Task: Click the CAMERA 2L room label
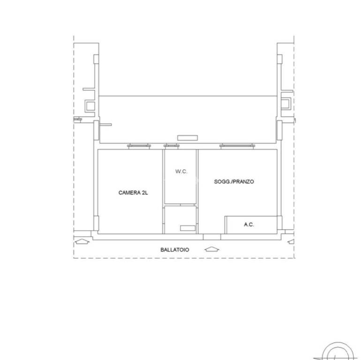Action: (133, 193)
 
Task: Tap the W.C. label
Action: (182, 172)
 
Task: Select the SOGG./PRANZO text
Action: (234, 181)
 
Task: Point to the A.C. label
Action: (249, 225)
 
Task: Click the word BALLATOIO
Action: (175, 250)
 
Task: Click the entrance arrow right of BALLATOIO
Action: (212, 249)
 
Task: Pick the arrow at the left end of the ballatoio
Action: (82, 242)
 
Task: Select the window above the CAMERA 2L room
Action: (139, 146)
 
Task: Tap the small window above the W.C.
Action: (172, 146)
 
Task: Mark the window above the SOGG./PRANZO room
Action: (237, 146)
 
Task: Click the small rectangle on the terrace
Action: (188, 138)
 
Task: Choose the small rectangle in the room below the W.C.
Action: (188, 228)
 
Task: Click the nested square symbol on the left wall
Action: (90, 106)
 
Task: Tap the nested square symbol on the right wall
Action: (286, 104)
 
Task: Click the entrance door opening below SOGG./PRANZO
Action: (212, 237)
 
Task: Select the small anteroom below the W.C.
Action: (180, 220)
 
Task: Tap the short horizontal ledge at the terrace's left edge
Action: (106, 125)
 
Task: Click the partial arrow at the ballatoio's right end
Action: (291, 242)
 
